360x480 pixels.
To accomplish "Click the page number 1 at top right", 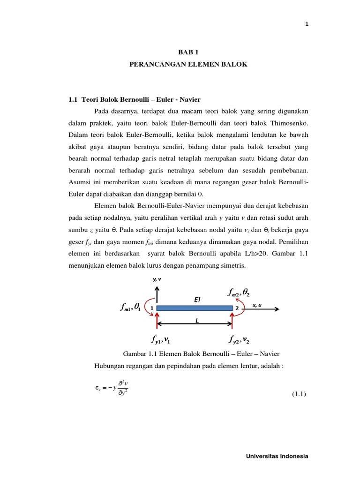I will [306, 25].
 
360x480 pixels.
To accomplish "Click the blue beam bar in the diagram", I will [195, 308].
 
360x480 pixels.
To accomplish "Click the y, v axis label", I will [157, 279].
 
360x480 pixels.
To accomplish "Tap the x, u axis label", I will [257, 305].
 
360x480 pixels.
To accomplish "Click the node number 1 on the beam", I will [152, 308].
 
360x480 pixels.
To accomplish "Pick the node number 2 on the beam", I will [237, 308].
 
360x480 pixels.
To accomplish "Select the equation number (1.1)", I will [298, 394].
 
